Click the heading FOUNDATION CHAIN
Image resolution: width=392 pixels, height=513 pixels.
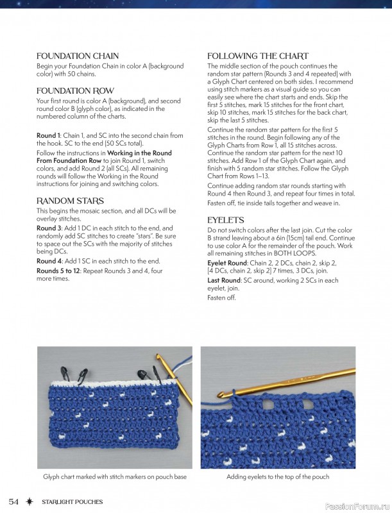77,56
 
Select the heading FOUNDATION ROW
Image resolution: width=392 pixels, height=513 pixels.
75,91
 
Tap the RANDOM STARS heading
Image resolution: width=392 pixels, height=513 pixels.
70,201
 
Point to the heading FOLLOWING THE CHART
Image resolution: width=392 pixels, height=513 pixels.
257,56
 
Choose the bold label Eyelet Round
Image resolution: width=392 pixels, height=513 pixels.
227,263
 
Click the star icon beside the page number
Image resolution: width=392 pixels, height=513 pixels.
30,501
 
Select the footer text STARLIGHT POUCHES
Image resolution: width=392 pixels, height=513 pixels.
72,501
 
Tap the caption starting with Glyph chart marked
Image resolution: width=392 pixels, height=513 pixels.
114,477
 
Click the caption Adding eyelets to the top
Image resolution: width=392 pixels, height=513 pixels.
278,477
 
